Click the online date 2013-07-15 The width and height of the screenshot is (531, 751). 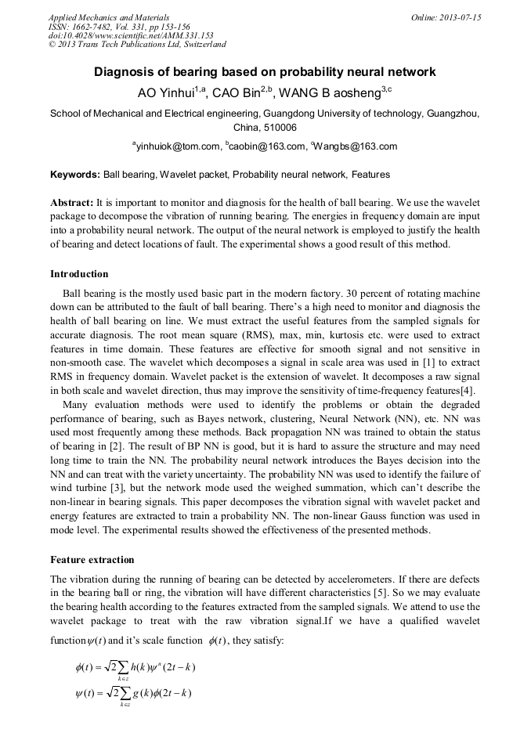click(x=457, y=17)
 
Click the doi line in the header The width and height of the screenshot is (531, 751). click(x=131, y=35)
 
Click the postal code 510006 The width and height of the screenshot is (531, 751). click(x=280, y=127)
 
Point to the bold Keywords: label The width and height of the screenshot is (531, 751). click(x=75, y=175)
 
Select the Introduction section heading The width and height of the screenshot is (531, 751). click(x=79, y=274)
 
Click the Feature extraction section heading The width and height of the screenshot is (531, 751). click(x=92, y=560)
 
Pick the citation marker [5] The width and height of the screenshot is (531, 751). click(x=416, y=593)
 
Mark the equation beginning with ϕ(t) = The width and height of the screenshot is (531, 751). click(x=134, y=667)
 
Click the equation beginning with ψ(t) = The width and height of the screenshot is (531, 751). click(x=132, y=693)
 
